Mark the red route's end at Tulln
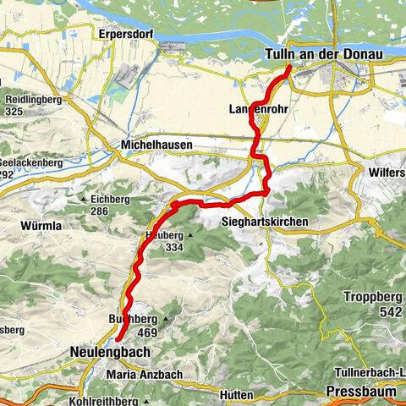(290, 67)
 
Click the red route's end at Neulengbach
(118, 339)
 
